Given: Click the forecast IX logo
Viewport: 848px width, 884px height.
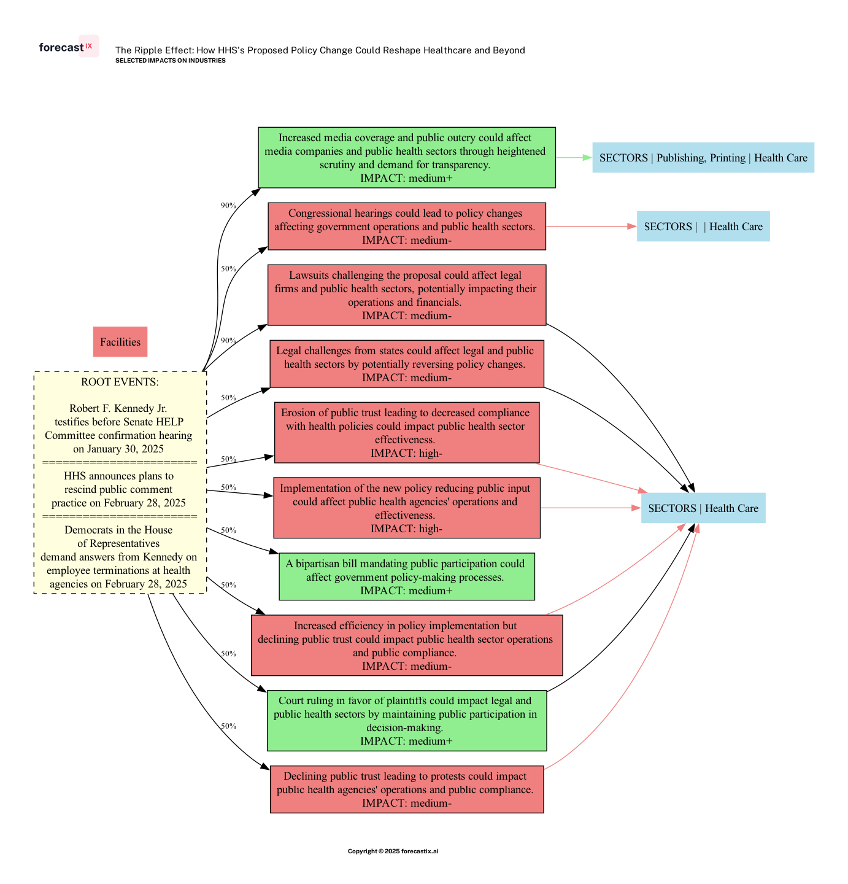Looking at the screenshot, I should click(67, 47).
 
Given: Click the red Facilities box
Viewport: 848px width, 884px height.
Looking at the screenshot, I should click(120, 342).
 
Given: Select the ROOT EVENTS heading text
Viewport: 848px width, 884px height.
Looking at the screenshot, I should click(120, 382).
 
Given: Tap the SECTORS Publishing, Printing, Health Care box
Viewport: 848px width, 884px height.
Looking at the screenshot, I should click(703, 158).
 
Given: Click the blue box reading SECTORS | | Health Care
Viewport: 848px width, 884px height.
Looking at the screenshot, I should click(703, 227).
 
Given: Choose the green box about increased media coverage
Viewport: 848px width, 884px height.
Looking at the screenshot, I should click(407, 158).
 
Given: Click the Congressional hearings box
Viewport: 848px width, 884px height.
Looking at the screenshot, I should click(407, 227).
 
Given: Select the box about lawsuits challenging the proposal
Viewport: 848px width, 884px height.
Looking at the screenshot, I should click(407, 295).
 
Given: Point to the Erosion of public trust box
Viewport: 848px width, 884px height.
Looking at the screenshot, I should click(407, 433).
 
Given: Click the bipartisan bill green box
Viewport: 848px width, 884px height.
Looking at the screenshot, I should click(407, 577).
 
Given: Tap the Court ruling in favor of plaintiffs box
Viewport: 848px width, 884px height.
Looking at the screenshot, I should click(407, 721).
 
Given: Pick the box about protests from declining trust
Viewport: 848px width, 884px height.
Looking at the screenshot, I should click(407, 789).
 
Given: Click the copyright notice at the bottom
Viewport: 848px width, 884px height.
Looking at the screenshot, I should click(393, 851).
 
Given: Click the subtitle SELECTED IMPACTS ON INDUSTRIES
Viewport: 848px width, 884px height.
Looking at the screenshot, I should click(171, 61).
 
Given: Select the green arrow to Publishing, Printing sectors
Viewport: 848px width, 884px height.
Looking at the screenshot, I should click(574, 158).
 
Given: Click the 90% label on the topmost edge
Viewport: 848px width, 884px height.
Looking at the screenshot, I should click(228, 206).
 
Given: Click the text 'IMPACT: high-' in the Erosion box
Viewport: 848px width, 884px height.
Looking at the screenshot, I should click(407, 454).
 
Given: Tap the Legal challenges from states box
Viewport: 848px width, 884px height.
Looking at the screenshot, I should click(407, 364).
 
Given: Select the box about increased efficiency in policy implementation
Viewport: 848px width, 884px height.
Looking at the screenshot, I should click(407, 645).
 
